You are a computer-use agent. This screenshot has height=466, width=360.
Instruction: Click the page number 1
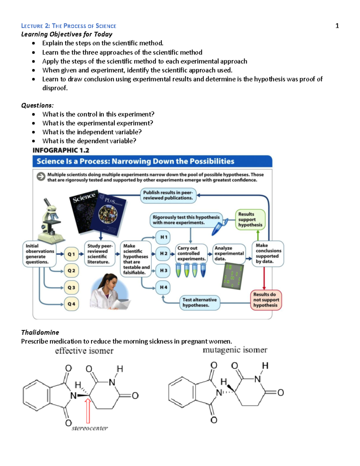tap(337, 26)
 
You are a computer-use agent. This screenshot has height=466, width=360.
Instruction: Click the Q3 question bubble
tap(71, 287)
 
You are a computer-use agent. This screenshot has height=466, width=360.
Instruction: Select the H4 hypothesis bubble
tap(163, 287)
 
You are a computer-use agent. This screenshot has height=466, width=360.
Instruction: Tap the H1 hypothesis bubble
tap(163, 237)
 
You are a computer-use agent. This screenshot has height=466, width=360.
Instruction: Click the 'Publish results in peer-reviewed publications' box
tap(168, 195)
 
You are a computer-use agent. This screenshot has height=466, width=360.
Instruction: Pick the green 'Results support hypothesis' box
tap(250, 220)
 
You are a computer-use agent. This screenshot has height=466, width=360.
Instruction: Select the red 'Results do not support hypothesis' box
tap(266, 300)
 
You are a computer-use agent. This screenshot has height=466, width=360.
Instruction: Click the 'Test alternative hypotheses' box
tap(199, 302)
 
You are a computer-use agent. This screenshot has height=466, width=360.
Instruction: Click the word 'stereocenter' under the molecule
tap(90, 428)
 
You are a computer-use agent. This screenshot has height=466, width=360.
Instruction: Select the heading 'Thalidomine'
tap(40, 332)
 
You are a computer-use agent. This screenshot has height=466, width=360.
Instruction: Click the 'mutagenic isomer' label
tap(235, 350)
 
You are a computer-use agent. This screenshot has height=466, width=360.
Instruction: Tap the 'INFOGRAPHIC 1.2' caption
tap(61, 150)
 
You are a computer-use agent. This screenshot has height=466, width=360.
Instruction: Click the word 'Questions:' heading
tap(37, 105)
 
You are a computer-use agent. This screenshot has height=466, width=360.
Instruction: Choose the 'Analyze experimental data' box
tap(229, 254)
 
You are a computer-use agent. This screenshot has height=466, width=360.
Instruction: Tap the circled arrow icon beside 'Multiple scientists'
tap(41, 177)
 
